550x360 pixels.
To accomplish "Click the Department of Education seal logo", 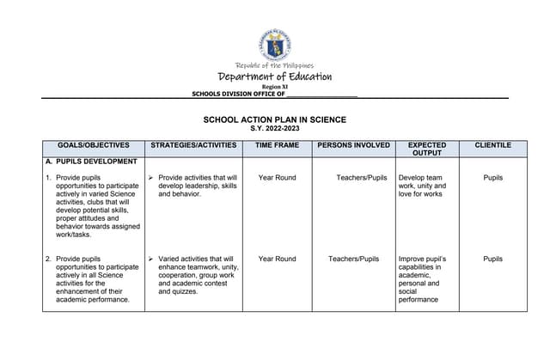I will (275, 42).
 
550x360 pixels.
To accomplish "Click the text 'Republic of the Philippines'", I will (275, 65).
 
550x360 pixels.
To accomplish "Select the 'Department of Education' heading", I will (275, 77).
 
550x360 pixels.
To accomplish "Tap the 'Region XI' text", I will (275, 88).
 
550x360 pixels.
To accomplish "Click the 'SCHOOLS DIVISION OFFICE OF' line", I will (274, 95).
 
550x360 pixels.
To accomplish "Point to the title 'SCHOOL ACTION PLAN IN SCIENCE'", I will (274, 119).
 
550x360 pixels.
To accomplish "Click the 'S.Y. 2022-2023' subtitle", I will (274, 128).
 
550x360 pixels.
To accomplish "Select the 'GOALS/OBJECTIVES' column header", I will (93, 145).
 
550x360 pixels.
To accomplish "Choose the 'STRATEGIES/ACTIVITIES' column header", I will (193, 145).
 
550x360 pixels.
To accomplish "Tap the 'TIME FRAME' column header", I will (277, 145).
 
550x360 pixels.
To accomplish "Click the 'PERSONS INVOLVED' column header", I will (353, 145).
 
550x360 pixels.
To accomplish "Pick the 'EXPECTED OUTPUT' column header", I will (426, 149).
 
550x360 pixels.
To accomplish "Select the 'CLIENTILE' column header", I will (492, 145).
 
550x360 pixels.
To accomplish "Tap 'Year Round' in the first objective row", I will (277, 178).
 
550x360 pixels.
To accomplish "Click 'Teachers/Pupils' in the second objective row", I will (353, 259).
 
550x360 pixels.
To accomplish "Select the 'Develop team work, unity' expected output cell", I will (423, 186).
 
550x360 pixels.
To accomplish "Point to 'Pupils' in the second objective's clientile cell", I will (492, 259).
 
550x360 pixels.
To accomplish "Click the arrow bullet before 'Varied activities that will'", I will (150, 259).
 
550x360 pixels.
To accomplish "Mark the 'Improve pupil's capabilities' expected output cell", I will (423, 278).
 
